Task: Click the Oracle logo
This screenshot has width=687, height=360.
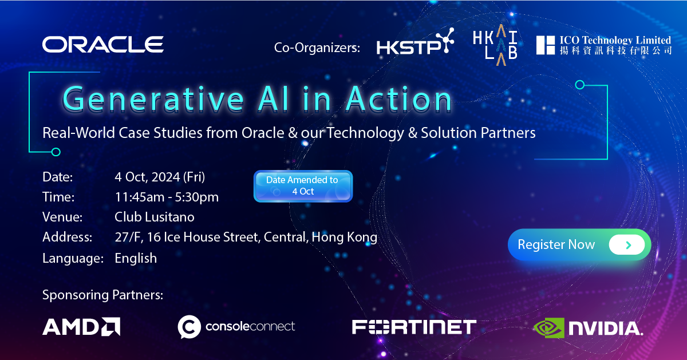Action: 102,45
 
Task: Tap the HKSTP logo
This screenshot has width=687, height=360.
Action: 415,41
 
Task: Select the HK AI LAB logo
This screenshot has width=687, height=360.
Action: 495,45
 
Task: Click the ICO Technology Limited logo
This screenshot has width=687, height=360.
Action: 604,45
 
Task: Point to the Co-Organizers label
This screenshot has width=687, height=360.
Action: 317,48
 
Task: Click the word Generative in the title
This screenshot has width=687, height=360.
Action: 153,99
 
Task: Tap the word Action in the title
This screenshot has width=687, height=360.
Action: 399,99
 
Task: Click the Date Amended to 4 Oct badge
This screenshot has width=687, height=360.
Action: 303,186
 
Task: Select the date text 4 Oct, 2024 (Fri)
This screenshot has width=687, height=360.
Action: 160,177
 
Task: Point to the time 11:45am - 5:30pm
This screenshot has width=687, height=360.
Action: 167,197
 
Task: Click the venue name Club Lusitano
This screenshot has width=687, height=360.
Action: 154,217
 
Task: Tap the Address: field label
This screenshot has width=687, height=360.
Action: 67,237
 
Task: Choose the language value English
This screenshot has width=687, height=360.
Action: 136,258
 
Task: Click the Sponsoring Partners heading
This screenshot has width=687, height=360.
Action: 102,295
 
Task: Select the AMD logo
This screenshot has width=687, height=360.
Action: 81,327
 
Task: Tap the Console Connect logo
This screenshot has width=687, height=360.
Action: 236,327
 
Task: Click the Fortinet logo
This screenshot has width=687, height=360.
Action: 414,327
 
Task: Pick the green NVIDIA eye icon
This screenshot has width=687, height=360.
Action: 549,328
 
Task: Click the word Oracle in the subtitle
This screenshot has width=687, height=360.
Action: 263,133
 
